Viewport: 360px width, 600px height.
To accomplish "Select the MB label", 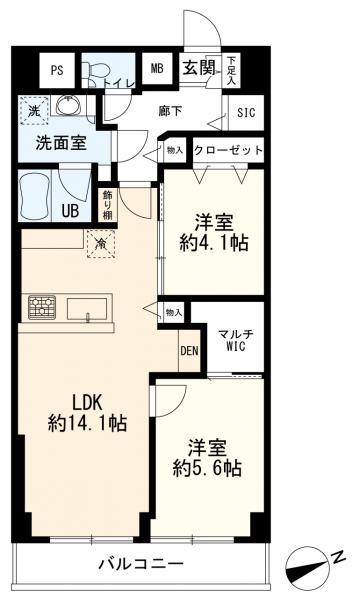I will click(156, 68).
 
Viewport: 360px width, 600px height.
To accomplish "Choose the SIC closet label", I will click(245, 112).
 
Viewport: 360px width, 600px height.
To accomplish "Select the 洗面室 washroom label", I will click(61, 143).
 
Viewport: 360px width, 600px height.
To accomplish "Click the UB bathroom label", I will click(71, 210).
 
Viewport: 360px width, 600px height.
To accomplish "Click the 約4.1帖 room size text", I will click(214, 242).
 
